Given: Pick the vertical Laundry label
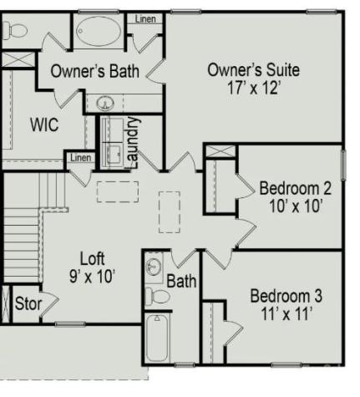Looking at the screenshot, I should pos(132,141).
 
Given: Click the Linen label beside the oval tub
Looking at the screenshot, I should pos(145,18).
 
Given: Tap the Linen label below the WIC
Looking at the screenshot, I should pos(80,157).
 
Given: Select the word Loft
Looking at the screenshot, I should pos(92,257).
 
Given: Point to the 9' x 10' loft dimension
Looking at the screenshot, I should pos(92,274).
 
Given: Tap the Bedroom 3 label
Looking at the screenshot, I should pos(286,296).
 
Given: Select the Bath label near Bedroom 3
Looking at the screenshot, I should pos(181,282).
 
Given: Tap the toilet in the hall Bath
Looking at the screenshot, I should pos(156,295).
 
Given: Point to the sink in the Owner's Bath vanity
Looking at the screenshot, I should pos(106,103).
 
